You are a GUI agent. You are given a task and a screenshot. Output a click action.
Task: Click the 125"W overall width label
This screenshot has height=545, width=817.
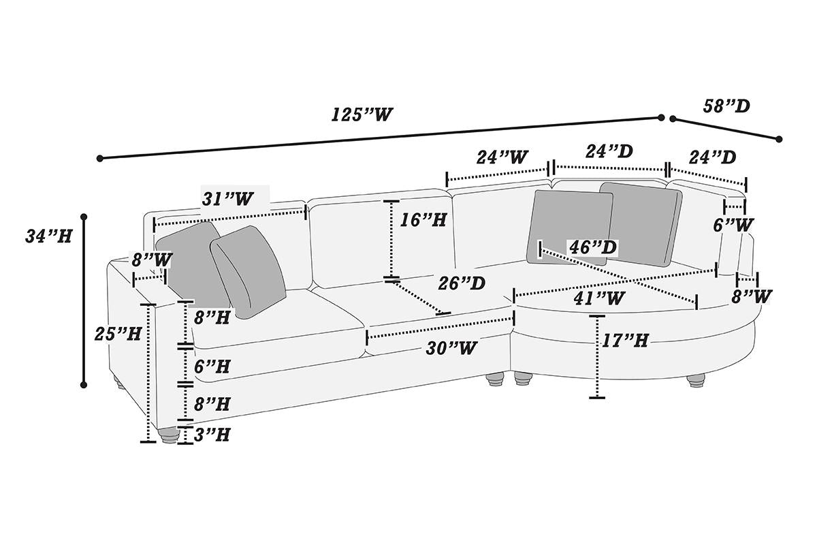[363, 114]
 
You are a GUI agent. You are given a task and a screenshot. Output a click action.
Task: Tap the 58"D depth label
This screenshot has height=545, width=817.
[726, 106]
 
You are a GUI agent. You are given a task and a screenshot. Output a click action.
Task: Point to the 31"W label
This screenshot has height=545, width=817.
[227, 198]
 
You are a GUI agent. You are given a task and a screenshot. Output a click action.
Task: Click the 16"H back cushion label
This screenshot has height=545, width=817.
[423, 219]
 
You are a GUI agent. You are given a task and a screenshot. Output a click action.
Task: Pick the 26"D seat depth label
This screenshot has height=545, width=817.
[462, 283]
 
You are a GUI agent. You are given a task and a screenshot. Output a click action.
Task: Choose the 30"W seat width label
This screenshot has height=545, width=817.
[450, 347]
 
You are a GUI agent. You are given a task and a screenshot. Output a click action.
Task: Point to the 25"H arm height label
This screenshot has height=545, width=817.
[118, 333]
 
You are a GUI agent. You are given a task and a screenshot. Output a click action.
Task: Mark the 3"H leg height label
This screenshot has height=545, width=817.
[211, 435]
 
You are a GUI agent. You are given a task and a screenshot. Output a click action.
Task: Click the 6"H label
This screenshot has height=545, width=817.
[211, 366]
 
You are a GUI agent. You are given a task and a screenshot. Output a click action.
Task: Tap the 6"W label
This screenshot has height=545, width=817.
[734, 223]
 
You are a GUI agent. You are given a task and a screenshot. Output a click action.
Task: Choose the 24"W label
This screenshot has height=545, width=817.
[502, 157]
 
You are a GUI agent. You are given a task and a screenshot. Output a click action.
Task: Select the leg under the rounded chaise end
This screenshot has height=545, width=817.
[696, 380]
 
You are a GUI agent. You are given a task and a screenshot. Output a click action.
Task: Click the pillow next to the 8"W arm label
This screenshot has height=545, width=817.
[187, 262]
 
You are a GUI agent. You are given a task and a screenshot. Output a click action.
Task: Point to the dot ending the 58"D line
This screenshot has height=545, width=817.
[778, 139]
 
